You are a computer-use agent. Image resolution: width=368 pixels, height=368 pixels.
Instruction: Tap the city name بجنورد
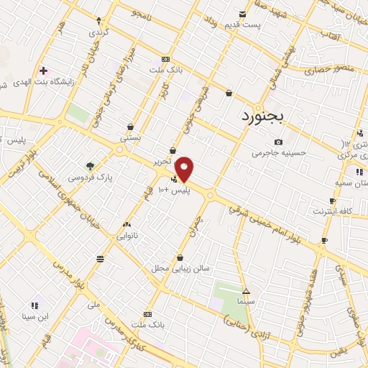tap(264, 117)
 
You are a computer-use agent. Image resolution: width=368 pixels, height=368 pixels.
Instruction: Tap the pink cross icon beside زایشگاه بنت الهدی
tap(43, 71)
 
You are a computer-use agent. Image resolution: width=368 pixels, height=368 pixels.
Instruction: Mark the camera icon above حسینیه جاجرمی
tap(278, 142)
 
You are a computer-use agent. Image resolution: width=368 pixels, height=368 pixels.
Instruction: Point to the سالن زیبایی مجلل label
tap(179, 268)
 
